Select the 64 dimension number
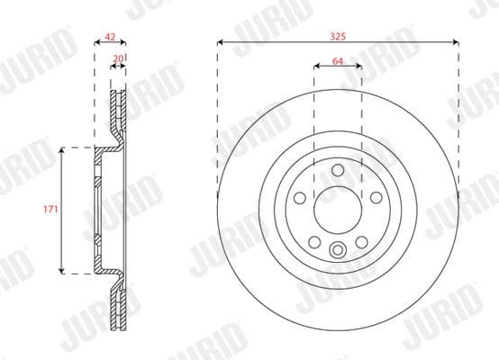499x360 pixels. pyautogui.click(x=338, y=60)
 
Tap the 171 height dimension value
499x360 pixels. pyautogui.click(x=50, y=209)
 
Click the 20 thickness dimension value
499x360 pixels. pyautogui.click(x=118, y=59)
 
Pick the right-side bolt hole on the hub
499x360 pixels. pyautogui.click(x=377, y=198)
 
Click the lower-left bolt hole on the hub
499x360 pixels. pyautogui.click(x=313, y=242)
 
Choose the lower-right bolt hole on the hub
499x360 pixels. pyautogui.click(x=362, y=242)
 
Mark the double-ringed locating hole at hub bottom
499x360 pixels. pyautogui.click(x=338, y=252)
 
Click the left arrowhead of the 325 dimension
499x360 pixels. pyautogui.click(x=220, y=41)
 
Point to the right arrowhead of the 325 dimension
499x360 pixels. pyautogui.click(x=457, y=41)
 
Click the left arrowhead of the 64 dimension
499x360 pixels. pyautogui.click(x=316, y=67)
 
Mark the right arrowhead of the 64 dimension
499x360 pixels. pyautogui.click(x=360, y=67)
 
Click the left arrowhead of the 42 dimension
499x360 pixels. pyautogui.click(x=96, y=42)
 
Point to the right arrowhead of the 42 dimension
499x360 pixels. pyautogui.click(x=125, y=42)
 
